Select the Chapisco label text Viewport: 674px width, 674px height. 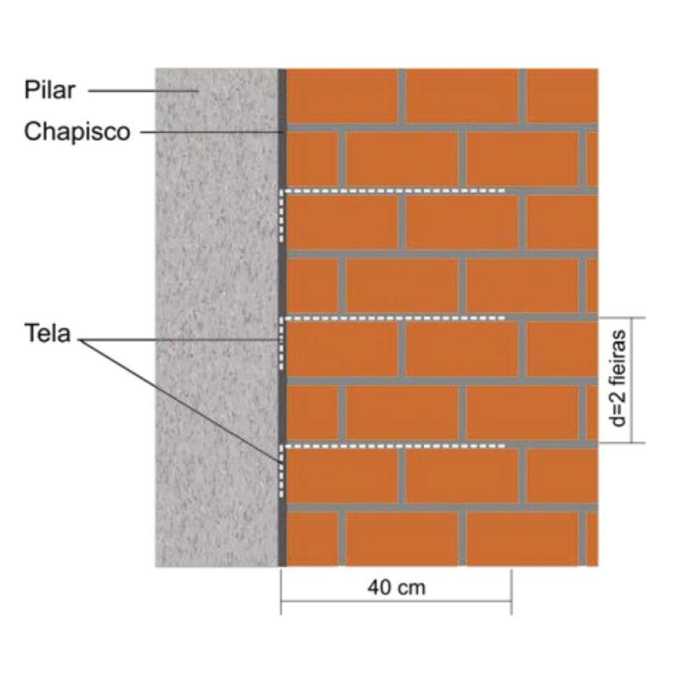click(77, 132)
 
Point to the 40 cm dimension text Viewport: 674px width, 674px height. click(396, 587)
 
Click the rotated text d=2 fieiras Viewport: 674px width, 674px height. click(621, 380)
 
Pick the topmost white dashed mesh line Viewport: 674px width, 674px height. click(396, 191)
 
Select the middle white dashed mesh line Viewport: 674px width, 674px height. click(396, 318)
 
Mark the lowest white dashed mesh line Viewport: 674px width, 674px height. click(396, 445)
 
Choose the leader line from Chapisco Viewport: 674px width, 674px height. click(211, 132)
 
